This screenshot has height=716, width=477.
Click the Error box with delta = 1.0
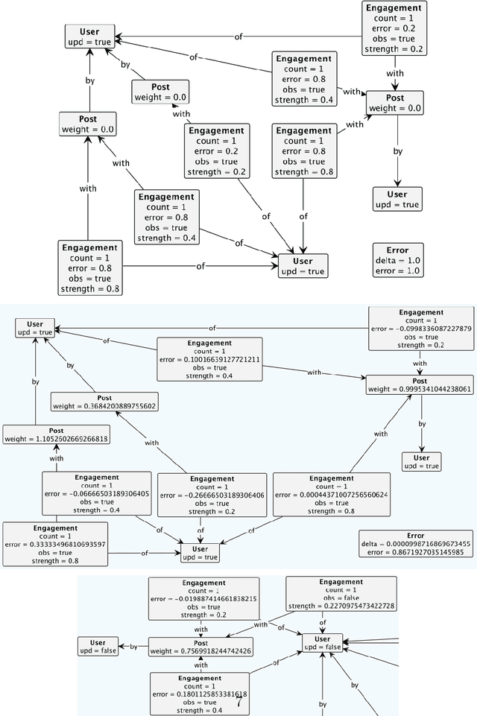point(397,261)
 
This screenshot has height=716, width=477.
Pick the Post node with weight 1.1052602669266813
point(56,434)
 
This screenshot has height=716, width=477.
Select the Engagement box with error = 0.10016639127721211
point(209,359)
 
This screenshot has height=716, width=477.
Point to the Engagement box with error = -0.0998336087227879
point(420,329)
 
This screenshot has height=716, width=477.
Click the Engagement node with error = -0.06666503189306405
point(96,492)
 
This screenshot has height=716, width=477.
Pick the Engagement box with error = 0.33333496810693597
point(55,544)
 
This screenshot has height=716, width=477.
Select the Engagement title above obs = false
point(341,582)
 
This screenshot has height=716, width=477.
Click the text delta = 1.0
point(397,261)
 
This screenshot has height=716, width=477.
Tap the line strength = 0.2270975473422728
point(341,605)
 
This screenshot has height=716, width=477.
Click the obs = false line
point(341,598)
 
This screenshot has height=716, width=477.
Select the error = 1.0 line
point(397,271)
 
